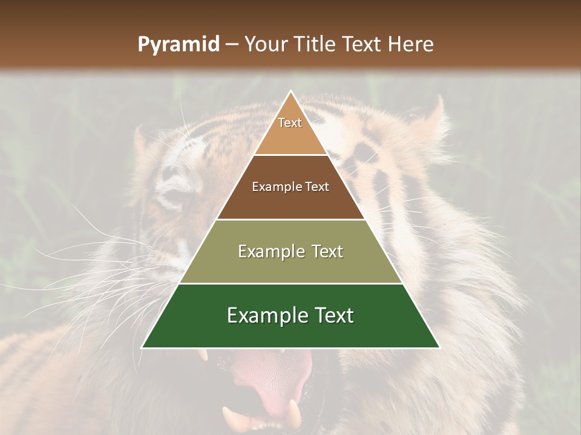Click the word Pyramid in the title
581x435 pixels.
coord(178,45)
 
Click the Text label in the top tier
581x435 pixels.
coord(290,123)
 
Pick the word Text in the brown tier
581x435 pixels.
coord(317,187)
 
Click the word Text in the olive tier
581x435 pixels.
coord(324,251)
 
